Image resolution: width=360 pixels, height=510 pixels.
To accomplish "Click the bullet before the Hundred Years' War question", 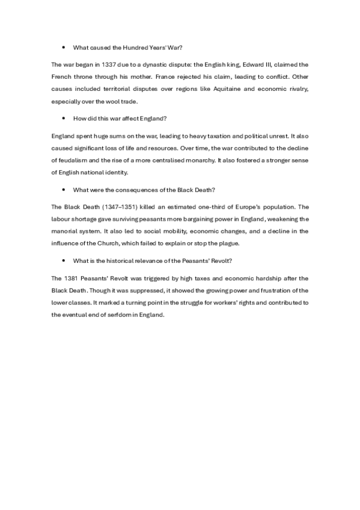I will (x=63, y=47).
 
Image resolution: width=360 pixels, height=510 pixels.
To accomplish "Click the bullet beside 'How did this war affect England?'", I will (x=63, y=118).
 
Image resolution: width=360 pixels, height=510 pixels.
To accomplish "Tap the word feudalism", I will (x=77, y=161).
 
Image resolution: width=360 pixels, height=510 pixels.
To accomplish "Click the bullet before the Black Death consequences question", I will (x=63, y=190).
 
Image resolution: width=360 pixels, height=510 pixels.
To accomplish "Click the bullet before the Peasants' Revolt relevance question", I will (x=63, y=262).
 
